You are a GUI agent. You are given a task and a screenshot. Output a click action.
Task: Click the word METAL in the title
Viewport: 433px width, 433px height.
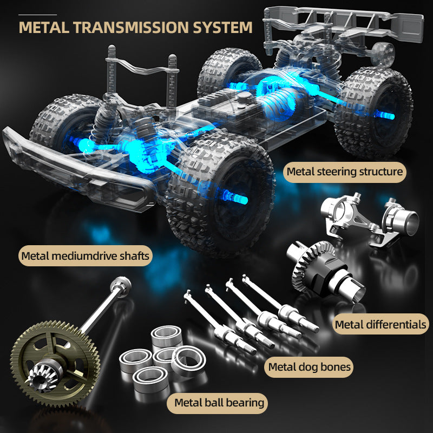(44, 28)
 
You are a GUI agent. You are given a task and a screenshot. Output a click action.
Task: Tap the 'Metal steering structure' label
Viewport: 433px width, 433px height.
(345, 172)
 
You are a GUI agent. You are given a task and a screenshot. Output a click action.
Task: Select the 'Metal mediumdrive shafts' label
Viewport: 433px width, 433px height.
(86, 256)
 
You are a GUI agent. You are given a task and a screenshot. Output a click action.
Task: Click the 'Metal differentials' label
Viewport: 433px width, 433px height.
(380, 324)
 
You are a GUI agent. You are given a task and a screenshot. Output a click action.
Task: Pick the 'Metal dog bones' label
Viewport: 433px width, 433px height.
(309, 368)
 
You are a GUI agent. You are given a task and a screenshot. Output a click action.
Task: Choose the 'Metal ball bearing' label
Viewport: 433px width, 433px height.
(218, 403)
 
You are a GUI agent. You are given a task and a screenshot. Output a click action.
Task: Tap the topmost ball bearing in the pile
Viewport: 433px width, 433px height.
(167, 336)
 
